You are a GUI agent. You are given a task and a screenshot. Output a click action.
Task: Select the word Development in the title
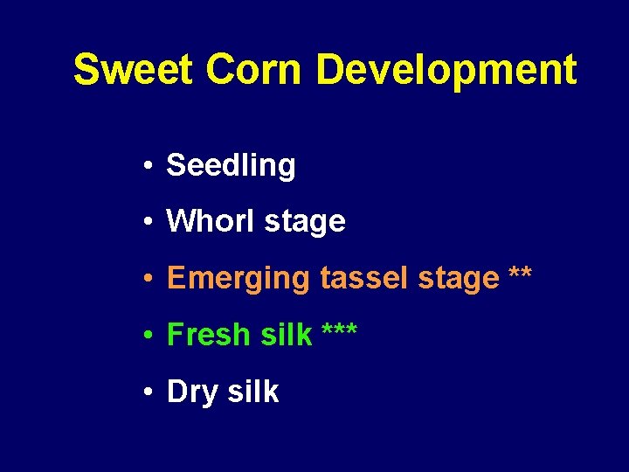(x=446, y=70)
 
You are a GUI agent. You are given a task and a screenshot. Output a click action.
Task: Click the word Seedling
(x=231, y=165)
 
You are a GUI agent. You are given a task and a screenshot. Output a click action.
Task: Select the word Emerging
(x=238, y=279)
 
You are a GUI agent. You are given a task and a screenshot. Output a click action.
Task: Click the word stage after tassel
(x=459, y=280)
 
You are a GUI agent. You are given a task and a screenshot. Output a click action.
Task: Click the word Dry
(x=192, y=392)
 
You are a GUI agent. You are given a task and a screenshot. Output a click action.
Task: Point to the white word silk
(x=252, y=392)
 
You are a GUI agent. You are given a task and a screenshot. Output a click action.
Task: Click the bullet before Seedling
(x=151, y=166)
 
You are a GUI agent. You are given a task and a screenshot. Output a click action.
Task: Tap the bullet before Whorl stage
(x=151, y=222)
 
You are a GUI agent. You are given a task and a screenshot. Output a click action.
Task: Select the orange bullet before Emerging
(x=151, y=279)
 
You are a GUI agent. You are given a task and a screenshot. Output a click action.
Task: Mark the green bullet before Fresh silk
(x=151, y=335)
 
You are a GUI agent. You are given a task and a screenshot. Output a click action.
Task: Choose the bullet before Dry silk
(x=151, y=392)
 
